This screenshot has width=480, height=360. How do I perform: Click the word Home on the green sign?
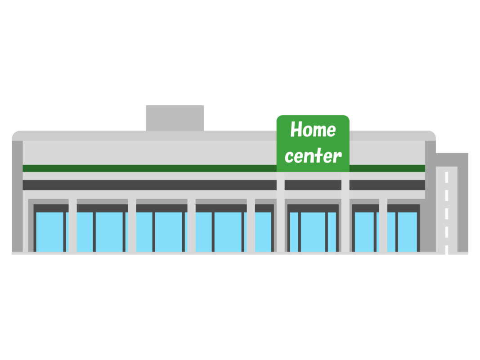(313, 130)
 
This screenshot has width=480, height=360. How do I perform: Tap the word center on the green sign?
(313, 156)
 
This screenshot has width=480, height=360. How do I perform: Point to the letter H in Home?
(296, 130)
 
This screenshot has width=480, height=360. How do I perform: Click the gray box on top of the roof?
(175, 118)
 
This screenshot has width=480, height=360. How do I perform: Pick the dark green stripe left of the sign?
(150, 168)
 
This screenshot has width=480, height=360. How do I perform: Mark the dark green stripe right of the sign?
(387, 168)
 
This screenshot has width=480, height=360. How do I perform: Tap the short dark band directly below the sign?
(313, 185)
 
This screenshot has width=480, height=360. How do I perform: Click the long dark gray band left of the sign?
(150, 185)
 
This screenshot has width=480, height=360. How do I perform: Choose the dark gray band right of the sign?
(387, 185)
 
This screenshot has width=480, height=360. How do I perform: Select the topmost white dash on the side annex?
(447, 177)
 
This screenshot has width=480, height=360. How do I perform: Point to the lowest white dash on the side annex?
(447, 250)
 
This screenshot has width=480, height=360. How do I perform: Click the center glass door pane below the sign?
(313, 232)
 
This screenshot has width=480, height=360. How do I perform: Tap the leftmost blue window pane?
(49, 232)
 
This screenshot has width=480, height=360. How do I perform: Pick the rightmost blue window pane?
(408, 232)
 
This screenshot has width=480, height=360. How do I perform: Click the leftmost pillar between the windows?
(72, 225)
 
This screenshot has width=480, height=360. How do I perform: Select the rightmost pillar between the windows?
(383, 225)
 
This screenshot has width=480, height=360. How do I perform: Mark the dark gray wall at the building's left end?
(17, 196)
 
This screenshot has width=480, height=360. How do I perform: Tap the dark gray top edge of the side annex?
(452, 159)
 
